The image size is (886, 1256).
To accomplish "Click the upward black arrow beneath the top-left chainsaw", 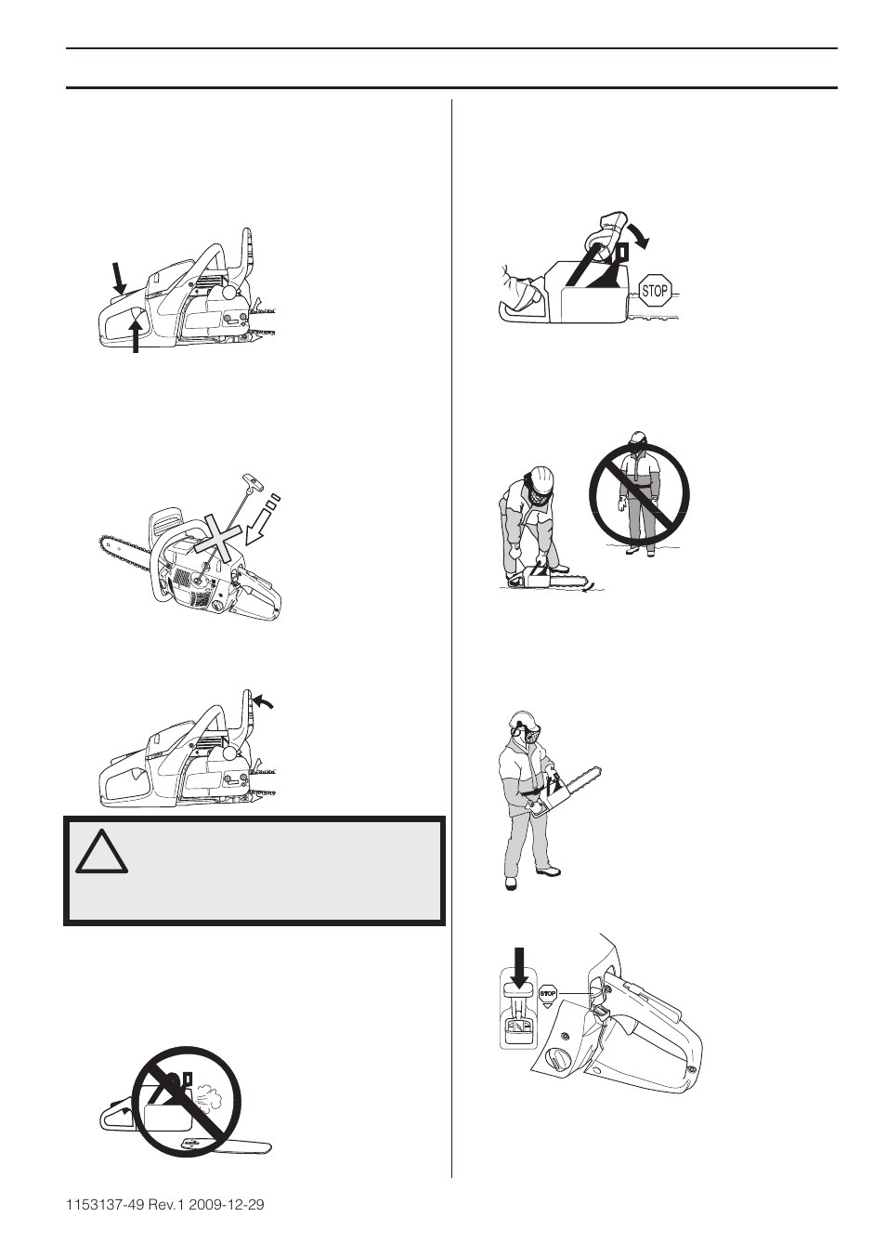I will pyautogui.click(x=136, y=335).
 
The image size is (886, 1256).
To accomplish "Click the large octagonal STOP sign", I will pyautogui.click(x=655, y=291).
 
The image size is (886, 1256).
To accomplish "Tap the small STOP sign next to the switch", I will pyautogui.click(x=548, y=995).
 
